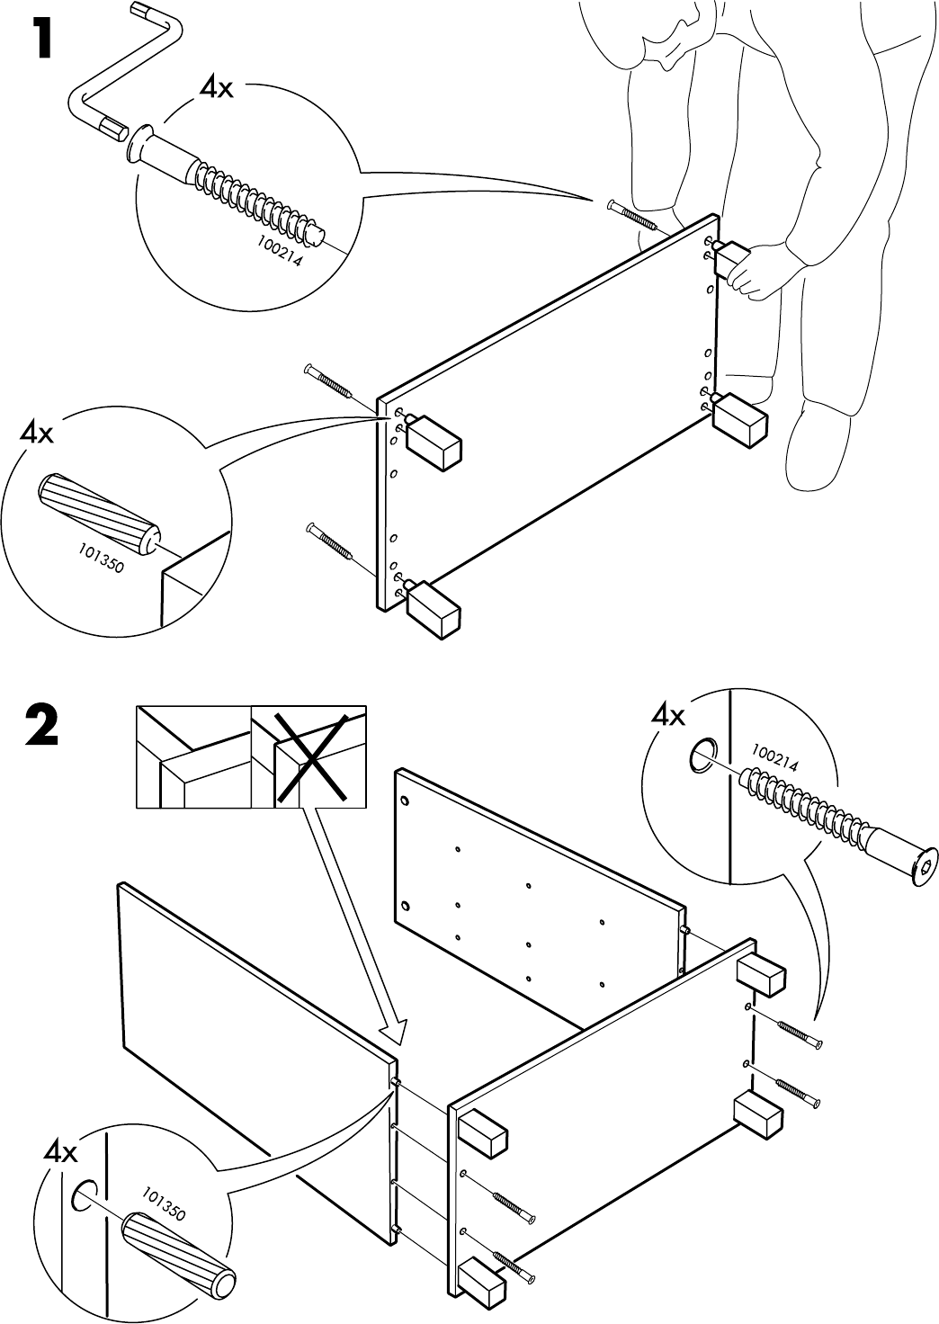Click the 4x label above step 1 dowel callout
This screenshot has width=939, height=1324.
pos(37,434)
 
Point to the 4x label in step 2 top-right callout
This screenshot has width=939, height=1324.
pos(667,716)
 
